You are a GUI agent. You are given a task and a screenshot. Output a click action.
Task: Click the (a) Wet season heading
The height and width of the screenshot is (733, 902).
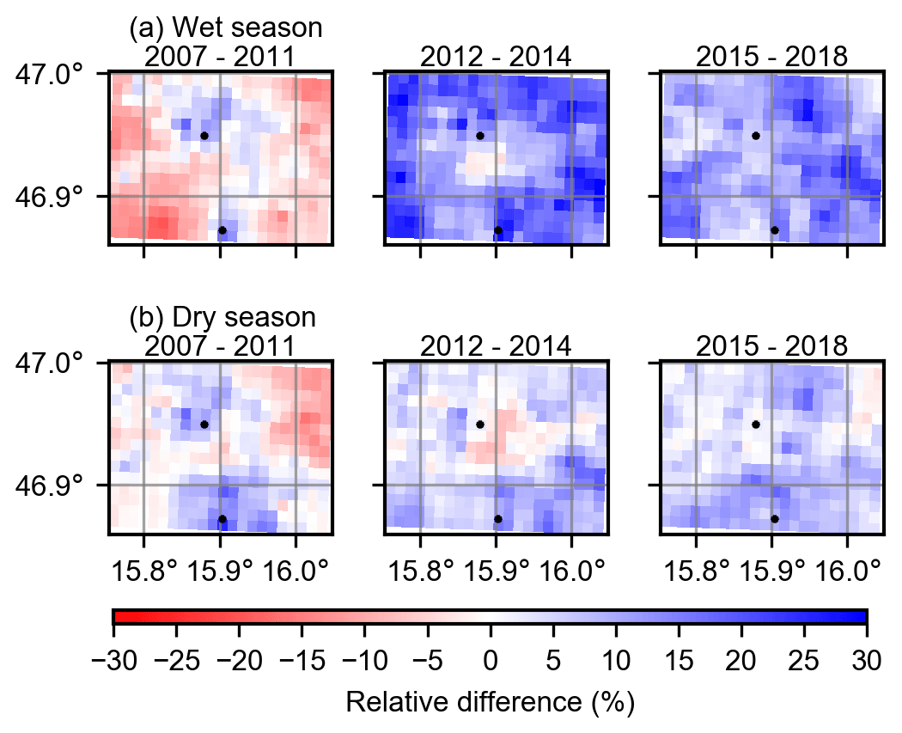pyautogui.click(x=225, y=28)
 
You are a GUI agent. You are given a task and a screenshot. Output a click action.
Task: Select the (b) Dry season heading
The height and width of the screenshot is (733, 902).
pyautogui.click(x=222, y=317)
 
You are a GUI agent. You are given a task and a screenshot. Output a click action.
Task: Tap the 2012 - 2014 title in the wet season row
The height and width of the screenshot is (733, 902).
pyautogui.click(x=496, y=57)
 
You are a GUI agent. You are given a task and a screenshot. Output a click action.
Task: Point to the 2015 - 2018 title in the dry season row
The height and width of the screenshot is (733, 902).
pyautogui.click(x=771, y=345)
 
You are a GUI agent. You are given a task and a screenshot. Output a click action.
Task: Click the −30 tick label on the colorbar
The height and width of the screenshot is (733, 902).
pyautogui.click(x=113, y=663)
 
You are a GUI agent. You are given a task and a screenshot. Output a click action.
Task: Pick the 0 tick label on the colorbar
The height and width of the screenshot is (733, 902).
pyautogui.click(x=491, y=663)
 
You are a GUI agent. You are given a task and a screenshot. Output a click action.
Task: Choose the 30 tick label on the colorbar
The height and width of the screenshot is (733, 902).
pyautogui.click(x=867, y=663)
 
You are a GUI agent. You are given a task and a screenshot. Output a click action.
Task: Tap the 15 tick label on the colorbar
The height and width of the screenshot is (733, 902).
pyautogui.click(x=679, y=663)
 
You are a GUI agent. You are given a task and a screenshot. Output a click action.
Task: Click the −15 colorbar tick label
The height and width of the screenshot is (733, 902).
pyautogui.click(x=302, y=663)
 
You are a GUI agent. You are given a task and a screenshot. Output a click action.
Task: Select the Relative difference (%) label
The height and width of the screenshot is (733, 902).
pyautogui.click(x=490, y=702)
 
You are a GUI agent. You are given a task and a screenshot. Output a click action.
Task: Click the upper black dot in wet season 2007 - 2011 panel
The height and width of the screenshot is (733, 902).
pyautogui.click(x=204, y=136)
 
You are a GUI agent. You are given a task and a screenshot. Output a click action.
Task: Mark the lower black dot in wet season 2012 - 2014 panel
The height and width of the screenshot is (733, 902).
pyautogui.click(x=498, y=230)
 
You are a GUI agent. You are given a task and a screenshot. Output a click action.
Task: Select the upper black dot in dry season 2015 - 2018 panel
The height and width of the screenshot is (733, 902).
pyautogui.click(x=756, y=425)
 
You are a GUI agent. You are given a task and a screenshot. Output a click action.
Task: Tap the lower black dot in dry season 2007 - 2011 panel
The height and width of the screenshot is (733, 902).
pyautogui.click(x=222, y=519)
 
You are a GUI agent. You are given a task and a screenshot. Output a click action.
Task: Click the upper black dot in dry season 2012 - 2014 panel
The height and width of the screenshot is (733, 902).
pyautogui.click(x=480, y=425)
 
